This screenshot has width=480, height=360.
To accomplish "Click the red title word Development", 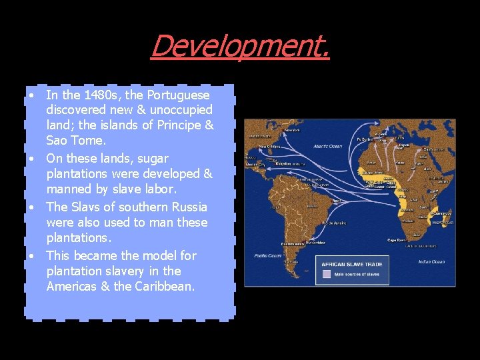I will point(240,46).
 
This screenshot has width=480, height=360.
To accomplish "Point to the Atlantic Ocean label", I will point(325,146).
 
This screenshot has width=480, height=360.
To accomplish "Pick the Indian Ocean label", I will point(432,262).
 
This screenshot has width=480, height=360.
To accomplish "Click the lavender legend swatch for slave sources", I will point(327,273).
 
